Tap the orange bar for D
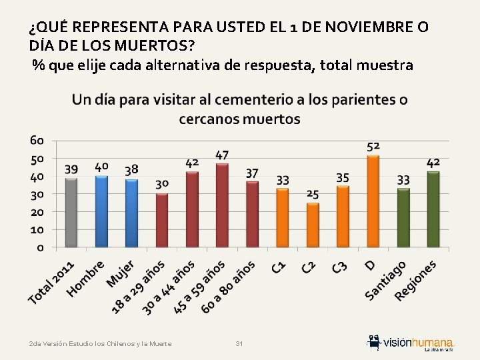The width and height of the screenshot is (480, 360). pyautogui.click(x=373, y=201)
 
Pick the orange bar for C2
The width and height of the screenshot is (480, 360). pyautogui.click(x=313, y=225)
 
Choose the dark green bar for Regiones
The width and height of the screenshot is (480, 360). pyautogui.click(x=433, y=210)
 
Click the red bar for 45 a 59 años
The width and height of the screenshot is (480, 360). pyautogui.click(x=222, y=205)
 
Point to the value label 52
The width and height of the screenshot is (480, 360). pyautogui.click(x=374, y=146)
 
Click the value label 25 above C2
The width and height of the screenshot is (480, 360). pyautogui.click(x=313, y=194)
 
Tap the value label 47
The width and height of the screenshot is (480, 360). pyautogui.click(x=222, y=155)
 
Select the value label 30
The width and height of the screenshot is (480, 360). pyautogui.click(x=162, y=184)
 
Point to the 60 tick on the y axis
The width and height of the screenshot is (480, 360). pyautogui.click(x=37, y=141)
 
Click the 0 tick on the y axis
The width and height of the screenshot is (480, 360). pyautogui.click(x=41, y=247)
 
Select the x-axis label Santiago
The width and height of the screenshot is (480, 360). pyautogui.click(x=387, y=280)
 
